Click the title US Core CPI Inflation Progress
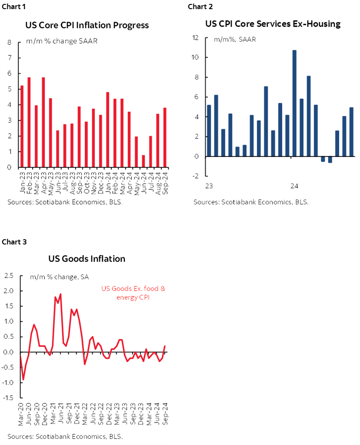click(x=87, y=25)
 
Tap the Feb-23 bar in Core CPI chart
click(x=29, y=122)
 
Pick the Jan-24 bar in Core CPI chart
click(x=107, y=130)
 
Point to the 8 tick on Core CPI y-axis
click(x=9, y=43)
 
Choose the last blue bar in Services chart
click(x=351, y=131)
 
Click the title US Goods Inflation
click(x=87, y=259)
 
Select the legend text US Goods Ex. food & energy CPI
click(x=133, y=293)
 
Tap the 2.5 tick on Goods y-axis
click(x=9, y=275)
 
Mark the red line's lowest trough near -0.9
click(x=23, y=380)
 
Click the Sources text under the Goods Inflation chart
click(x=65, y=436)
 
